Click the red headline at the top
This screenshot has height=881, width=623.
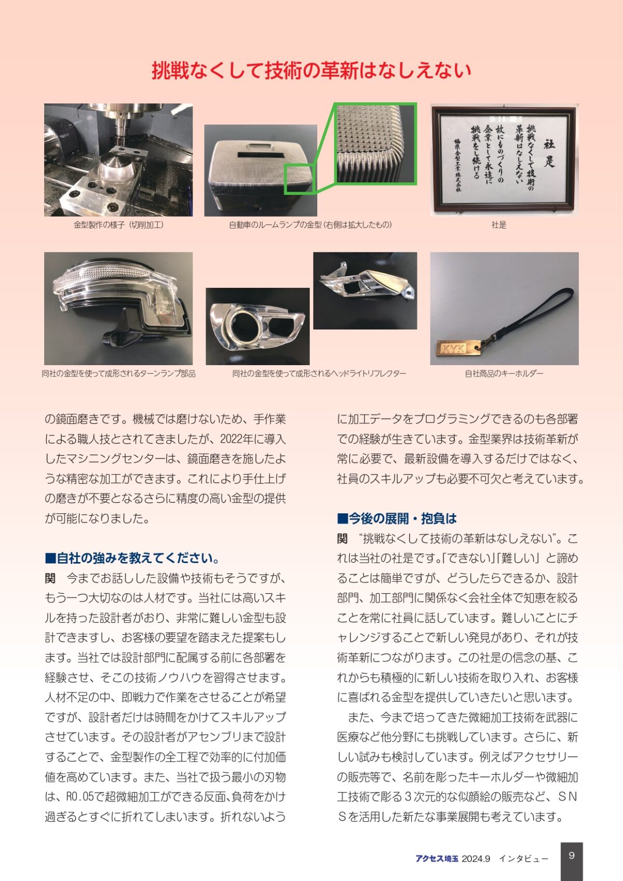[x=311, y=70]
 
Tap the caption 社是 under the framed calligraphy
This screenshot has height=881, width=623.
[x=498, y=225]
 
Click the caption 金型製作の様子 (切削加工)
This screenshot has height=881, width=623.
[x=118, y=225]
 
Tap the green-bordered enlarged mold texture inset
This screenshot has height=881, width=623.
[x=376, y=143]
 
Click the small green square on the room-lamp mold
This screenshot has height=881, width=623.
[x=300, y=179]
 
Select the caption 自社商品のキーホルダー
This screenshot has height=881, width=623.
[x=504, y=373]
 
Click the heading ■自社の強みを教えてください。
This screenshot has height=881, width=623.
[x=132, y=558]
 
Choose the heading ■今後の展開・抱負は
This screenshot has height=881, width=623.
[x=397, y=518]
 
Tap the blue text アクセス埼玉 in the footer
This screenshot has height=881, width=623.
[x=437, y=859]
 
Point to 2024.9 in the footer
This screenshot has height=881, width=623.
[x=476, y=859]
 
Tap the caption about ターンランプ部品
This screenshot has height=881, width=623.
[x=118, y=373]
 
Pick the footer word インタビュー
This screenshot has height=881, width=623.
[x=523, y=859]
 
